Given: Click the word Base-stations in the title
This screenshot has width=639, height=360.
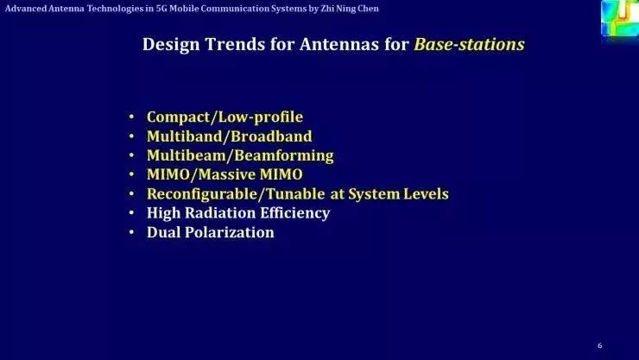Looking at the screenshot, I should (x=469, y=45).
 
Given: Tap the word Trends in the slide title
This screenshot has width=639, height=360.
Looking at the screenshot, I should (x=229, y=45).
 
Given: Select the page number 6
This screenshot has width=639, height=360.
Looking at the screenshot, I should (x=599, y=345).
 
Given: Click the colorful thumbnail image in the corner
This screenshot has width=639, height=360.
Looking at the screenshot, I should (x=619, y=17).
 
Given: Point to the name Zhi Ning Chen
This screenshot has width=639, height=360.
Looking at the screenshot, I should (x=349, y=8).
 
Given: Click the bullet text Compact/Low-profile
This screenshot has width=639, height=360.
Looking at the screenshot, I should (x=225, y=117).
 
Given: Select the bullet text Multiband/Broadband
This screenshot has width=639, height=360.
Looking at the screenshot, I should (x=229, y=136).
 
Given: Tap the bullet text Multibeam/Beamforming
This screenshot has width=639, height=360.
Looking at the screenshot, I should (x=240, y=155).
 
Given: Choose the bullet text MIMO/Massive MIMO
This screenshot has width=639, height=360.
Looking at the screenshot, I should (x=225, y=174).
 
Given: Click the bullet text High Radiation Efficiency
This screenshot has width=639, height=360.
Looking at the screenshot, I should (x=238, y=212).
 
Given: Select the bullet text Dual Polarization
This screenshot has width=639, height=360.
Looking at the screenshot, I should (x=210, y=232).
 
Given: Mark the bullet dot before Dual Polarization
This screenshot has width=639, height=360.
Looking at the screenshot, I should (x=131, y=233).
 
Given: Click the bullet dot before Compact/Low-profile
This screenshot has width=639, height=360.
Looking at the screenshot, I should (x=131, y=117).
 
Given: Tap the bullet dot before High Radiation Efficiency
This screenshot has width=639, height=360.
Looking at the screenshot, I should (x=131, y=213).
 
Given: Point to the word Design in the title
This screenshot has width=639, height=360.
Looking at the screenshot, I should (x=168, y=45).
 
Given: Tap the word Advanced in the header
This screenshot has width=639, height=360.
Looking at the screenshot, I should (x=23, y=8).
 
